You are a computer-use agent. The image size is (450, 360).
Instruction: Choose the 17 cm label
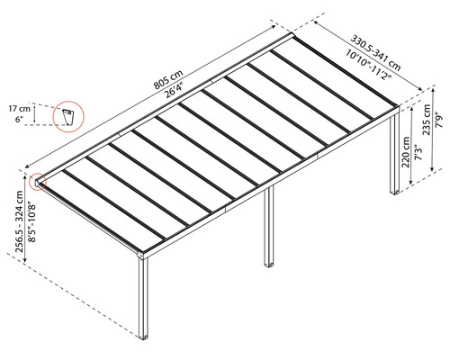click(22, 109)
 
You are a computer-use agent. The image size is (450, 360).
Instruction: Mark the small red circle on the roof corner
click(39, 181)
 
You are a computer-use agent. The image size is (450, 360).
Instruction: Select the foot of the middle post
click(268, 264)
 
